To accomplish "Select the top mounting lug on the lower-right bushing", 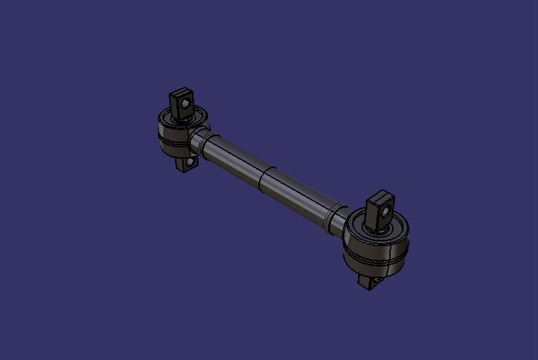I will coord(378,211).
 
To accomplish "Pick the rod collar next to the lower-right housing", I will coord(334,217).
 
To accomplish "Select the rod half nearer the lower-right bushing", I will coord(299,196).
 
